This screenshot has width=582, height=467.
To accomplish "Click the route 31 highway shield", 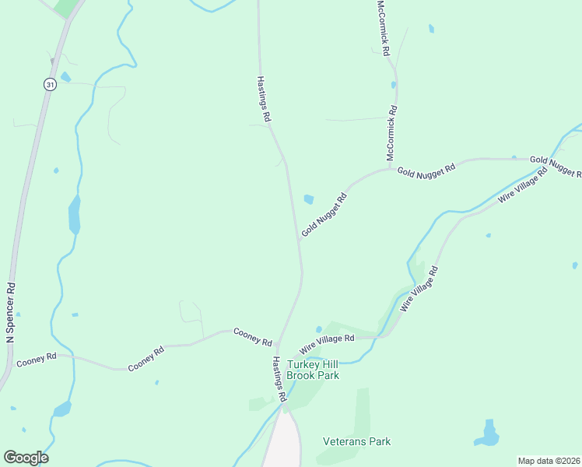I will [50, 85].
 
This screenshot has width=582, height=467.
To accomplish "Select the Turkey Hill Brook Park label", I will [313, 370].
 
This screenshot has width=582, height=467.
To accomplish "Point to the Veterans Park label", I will [356, 441].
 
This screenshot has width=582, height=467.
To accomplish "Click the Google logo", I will [26, 458].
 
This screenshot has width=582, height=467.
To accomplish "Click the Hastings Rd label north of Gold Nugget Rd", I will [265, 98].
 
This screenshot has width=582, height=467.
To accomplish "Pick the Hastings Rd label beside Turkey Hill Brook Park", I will [279, 380].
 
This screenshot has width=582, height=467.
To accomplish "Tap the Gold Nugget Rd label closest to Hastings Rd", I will [323, 215].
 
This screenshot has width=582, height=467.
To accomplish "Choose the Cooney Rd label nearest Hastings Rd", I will [252, 337].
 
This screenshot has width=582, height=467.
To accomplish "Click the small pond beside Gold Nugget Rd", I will [309, 199].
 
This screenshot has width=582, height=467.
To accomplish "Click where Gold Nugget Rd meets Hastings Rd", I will [298, 239].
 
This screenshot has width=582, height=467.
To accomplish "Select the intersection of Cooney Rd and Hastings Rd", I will [279, 342].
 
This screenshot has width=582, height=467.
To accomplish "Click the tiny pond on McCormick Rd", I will [394, 85].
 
